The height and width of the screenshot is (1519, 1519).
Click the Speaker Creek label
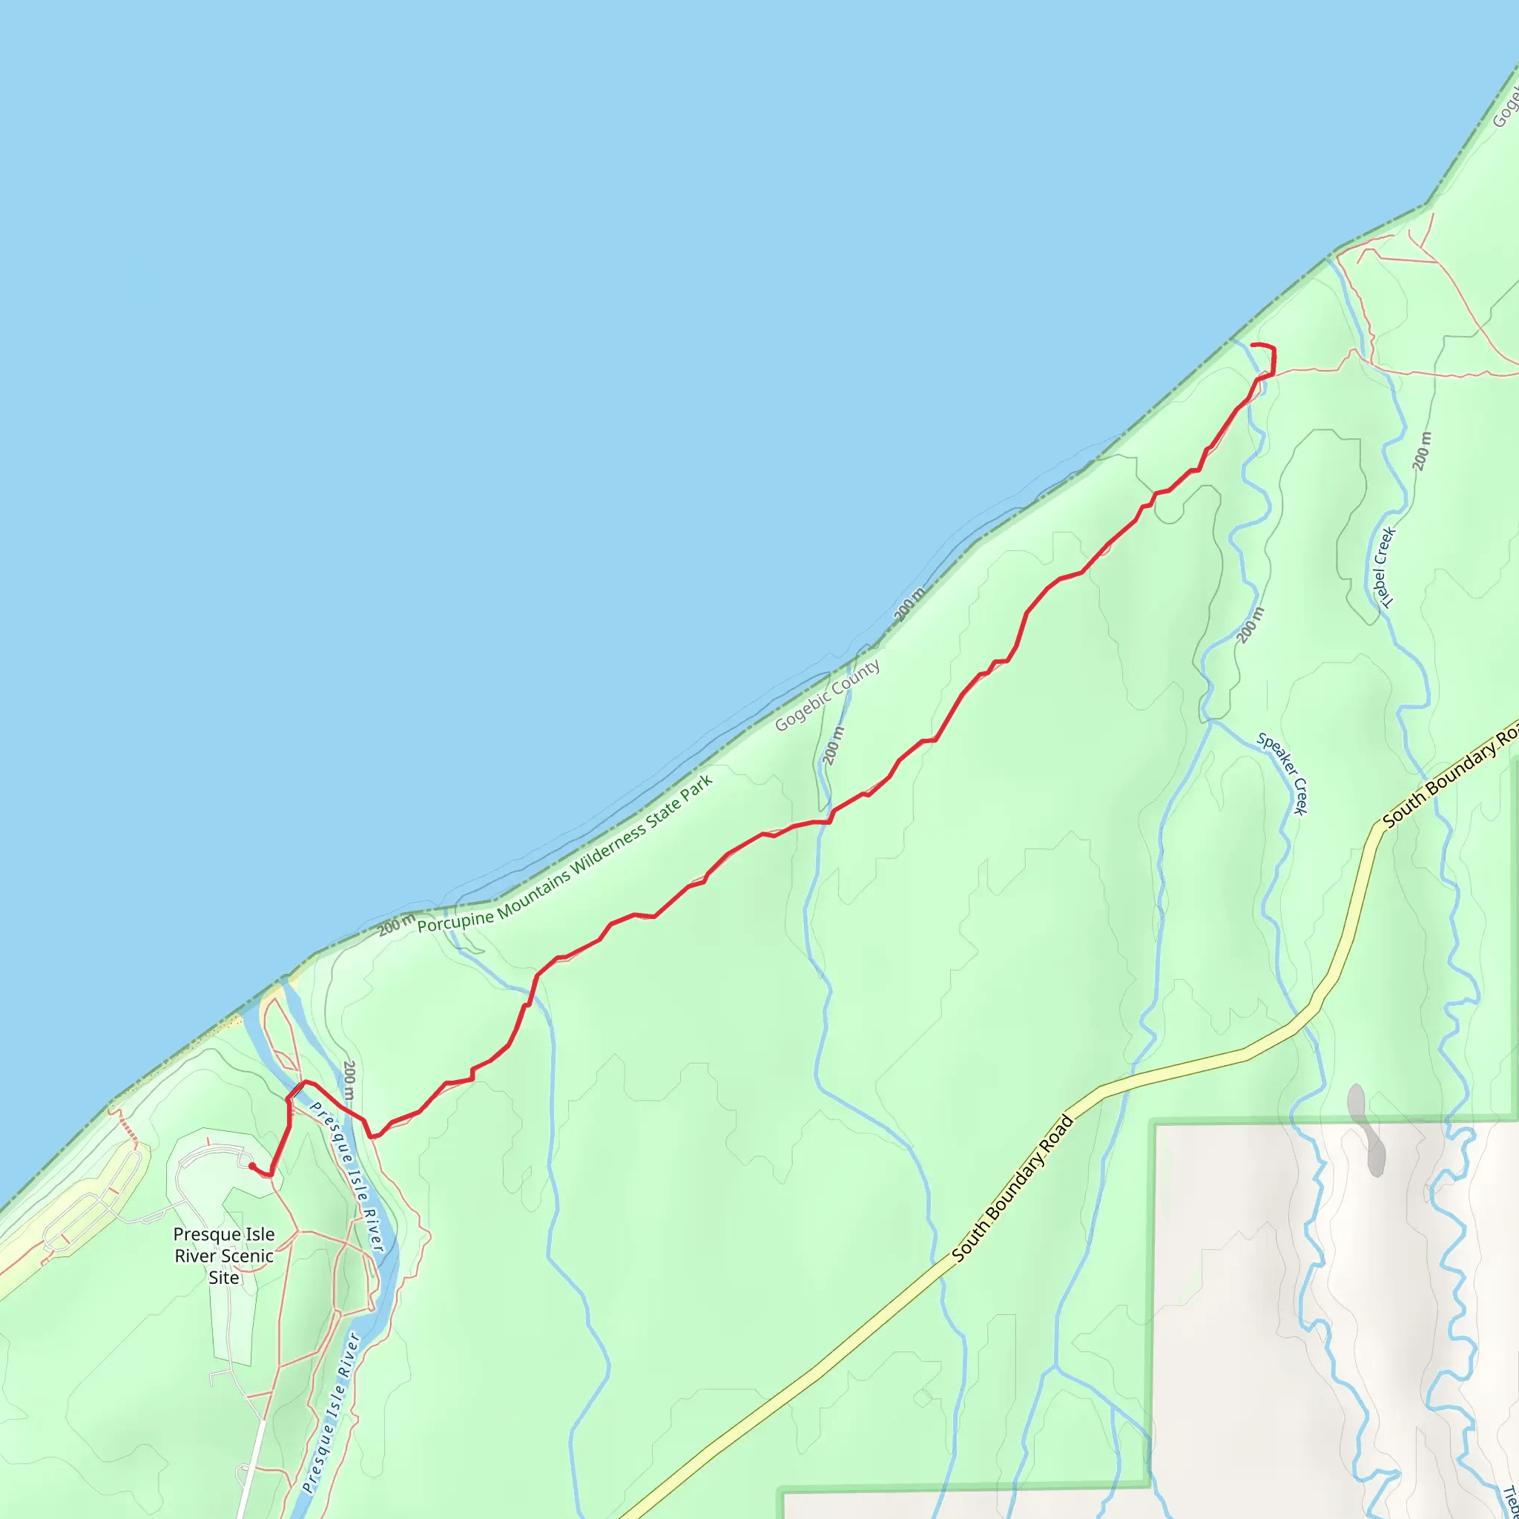pos(1282,774)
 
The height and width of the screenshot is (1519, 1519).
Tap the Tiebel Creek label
pos(1385,567)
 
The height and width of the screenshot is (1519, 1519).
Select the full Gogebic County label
pos(827,696)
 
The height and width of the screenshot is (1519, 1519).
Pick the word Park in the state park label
pos(697,788)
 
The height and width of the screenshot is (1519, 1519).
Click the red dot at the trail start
pos(251,1166)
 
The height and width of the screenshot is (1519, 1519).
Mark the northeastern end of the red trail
pos(1252,345)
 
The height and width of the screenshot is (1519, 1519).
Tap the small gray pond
pos(1367,1129)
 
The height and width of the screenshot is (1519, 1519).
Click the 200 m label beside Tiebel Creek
pos(1423,451)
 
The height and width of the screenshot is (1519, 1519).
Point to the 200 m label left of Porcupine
pos(396,926)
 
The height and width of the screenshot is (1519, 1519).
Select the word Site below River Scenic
pos(224,1278)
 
